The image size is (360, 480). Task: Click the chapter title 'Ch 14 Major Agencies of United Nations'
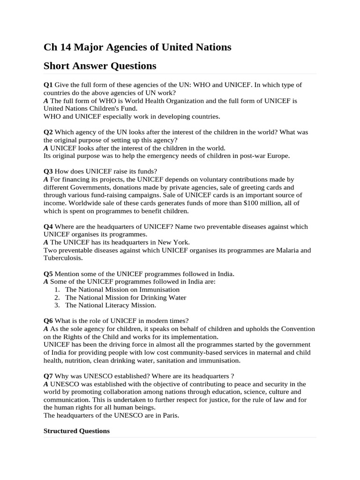pos(137,47)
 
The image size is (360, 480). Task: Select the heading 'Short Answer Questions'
pos(100,66)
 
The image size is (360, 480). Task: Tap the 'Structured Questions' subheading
pos(76,431)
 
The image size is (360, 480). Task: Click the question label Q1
pos(48,85)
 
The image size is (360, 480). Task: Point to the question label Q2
pos(48,132)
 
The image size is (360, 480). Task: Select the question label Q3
pos(48,171)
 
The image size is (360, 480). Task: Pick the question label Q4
pos(48,226)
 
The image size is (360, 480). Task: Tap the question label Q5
pos(48,274)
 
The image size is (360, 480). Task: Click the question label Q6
pos(48,321)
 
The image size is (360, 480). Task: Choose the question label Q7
pos(48,376)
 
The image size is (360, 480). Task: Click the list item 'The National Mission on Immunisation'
pos(122,290)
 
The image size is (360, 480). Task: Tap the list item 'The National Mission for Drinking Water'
pos(126,298)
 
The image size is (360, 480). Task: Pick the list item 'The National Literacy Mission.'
pos(111,305)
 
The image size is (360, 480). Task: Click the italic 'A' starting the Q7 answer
pos(46,384)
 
